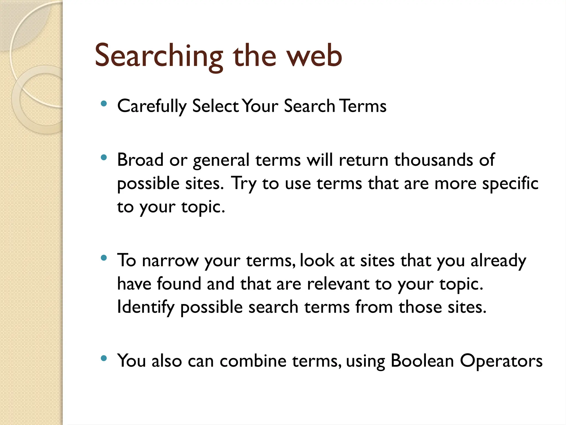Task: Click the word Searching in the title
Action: [159, 56]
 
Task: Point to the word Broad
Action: [140, 160]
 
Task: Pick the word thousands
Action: [433, 160]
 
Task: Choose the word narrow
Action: [170, 261]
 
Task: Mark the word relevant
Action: [338, 284]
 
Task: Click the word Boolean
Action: [422, 361]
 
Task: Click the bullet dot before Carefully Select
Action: [104, 104]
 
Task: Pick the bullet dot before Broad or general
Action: [104, 158]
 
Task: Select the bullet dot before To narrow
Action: [104, 258]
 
